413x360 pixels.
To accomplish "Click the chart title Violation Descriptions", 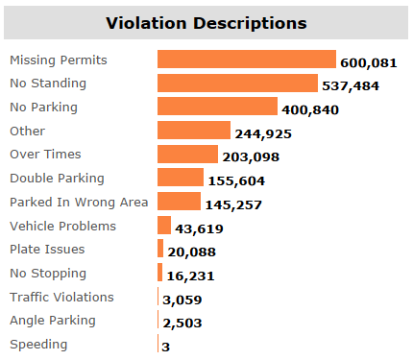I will pyautogui.click(x=206, y=22).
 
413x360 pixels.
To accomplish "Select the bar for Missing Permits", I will pyautogui.click(x=246, y=60).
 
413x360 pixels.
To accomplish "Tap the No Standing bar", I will pyautogui.click(x=237, y=84).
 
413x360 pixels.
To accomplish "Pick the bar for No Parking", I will pyautogui.click(x=217, y=107).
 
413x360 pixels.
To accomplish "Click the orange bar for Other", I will pyautogui.click(x=194, y=131).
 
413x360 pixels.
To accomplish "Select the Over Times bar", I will pyautogui.click(x=187, y=155).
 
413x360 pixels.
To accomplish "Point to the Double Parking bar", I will pyautogui.click(x=181, y=178).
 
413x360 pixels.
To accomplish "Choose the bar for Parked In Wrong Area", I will pyautogui.click(x=179, y=202).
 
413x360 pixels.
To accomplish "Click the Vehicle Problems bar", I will pyautogui.click(x=164, y=226).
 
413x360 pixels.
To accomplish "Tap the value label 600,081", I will pyautogui.click(x=367, y=62).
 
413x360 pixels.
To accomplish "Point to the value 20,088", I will pyautogui.click(x=192, y=252).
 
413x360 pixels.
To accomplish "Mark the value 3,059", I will pyautogui.click(x=182, y=300).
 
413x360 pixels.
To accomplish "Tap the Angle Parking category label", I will pyautogui.click(x=52, y=320).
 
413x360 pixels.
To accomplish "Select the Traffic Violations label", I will pyautogui.click(x=61, y=297).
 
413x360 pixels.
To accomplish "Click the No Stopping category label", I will pyautogui.click(x=47, y=273).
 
